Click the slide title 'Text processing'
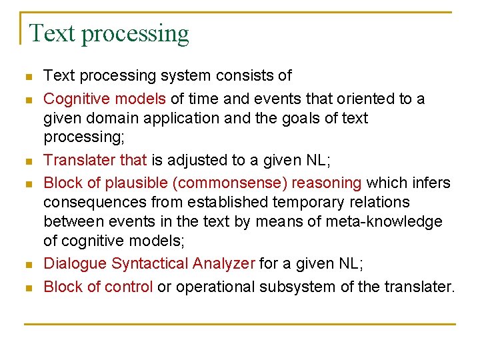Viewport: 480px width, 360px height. (109, 33)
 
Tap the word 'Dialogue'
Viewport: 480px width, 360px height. (75, 263)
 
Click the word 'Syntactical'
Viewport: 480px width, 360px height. (150, 263)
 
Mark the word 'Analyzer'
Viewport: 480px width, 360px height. (223, 263)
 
